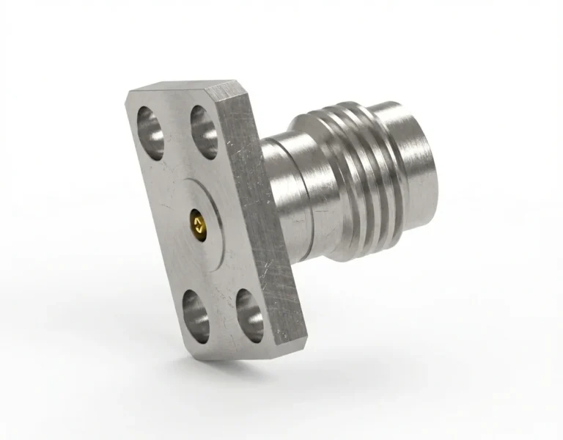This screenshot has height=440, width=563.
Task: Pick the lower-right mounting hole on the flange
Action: point(249,316)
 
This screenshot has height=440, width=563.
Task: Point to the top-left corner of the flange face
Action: point(129,94)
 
